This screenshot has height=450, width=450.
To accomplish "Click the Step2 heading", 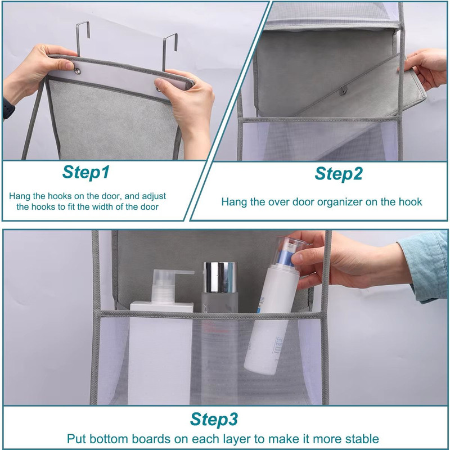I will [x=338, y=174].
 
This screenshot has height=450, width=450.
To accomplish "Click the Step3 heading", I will [x=214, y=419].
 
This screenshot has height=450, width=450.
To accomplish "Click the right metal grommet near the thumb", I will [x=159, y=88].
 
